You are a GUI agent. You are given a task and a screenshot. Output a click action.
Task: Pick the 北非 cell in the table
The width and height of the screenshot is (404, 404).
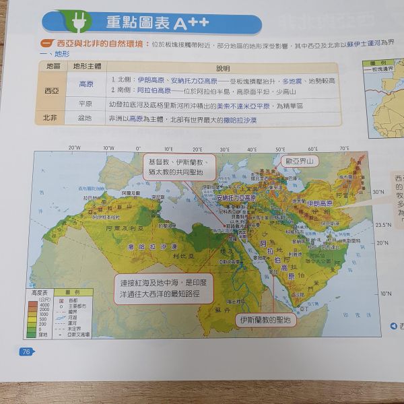coord(50,118)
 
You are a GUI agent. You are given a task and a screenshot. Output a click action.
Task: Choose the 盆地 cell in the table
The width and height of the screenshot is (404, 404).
coord(86,118)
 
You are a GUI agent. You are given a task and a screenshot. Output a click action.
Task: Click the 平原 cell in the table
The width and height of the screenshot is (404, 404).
coord(86,106)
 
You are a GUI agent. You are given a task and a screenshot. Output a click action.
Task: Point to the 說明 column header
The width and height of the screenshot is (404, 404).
coord(222,69)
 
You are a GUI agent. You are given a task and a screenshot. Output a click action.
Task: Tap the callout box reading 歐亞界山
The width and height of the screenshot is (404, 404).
coord(298,162)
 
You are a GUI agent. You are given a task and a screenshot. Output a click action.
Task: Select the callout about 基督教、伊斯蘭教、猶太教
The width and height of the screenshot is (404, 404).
coord(178,168)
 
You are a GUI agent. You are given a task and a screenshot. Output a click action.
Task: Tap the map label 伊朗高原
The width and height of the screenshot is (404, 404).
coord(319,203)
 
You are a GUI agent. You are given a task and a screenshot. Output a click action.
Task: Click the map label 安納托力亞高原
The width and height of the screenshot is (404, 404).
coord(236,199)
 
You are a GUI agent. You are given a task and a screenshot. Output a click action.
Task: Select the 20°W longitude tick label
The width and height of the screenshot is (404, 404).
coord(74,147)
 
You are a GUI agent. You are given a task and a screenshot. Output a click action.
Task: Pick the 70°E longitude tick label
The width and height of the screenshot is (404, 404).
coord(344,147)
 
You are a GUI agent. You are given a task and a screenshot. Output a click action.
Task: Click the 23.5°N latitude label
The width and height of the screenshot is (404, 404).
coord(384,225)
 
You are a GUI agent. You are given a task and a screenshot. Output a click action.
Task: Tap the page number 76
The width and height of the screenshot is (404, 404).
coord(26,351)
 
